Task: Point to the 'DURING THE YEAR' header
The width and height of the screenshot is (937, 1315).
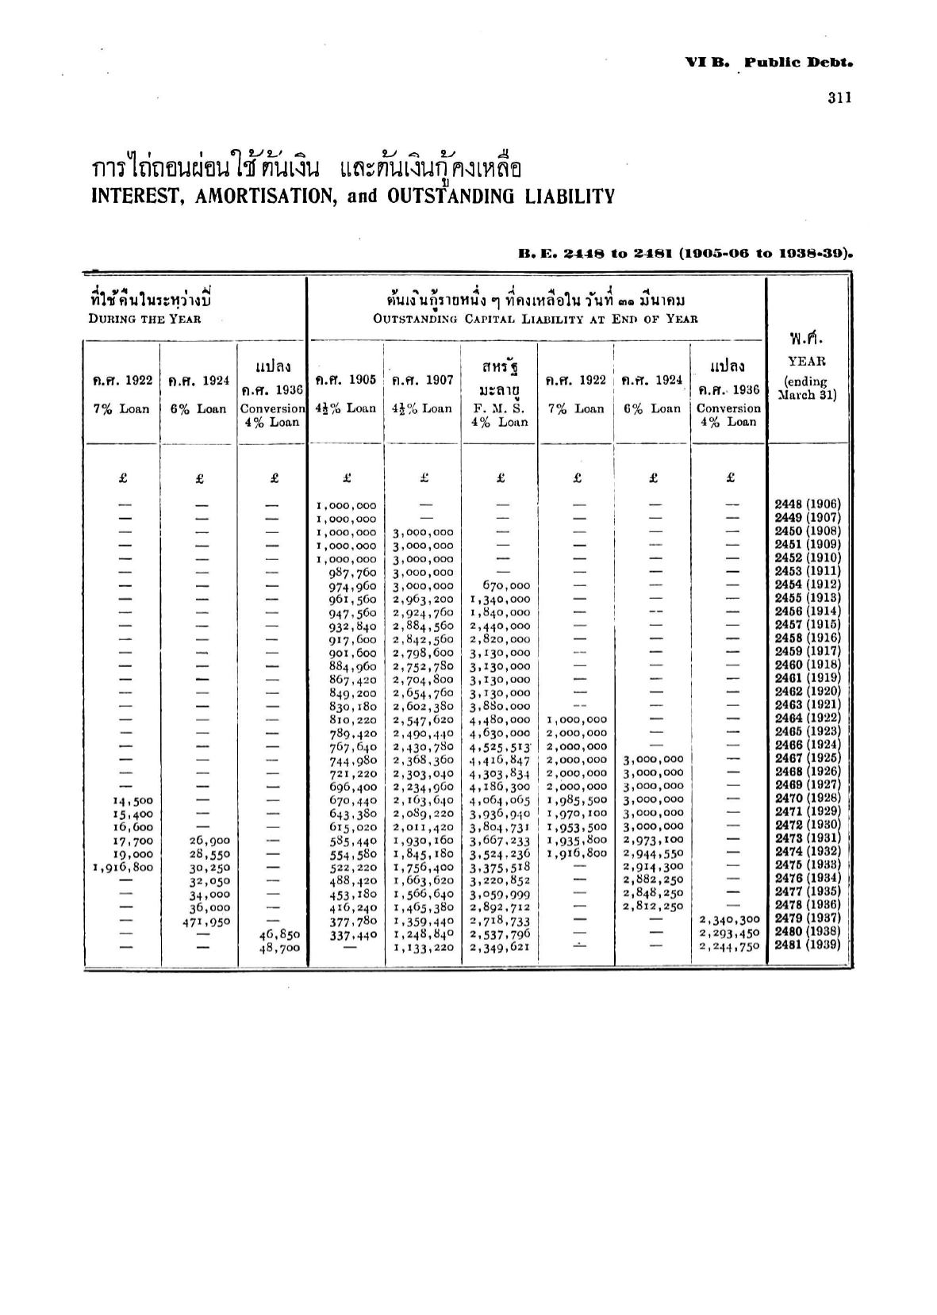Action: tap(144, 319)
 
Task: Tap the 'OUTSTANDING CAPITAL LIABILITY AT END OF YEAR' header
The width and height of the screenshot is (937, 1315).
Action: tap(536, 319)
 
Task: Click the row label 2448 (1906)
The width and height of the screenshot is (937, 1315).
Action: tap(807, 504)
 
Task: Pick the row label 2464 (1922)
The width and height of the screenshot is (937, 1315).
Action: tap(807, 718)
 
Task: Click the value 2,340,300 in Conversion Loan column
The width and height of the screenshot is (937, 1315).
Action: tap(729, 920)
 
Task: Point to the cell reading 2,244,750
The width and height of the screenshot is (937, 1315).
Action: tap(729, 946)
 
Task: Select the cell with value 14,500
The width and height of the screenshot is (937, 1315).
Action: tap(127, 801)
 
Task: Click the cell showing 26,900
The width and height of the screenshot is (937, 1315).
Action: tap(209, 841)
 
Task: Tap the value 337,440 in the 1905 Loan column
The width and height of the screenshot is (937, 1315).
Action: tap(353, 934)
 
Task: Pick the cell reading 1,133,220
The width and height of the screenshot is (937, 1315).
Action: tap(424, 947)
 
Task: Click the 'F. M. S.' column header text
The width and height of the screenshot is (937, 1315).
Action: tap(501, 408)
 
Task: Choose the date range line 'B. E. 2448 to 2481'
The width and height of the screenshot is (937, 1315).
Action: tap(685, 254)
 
